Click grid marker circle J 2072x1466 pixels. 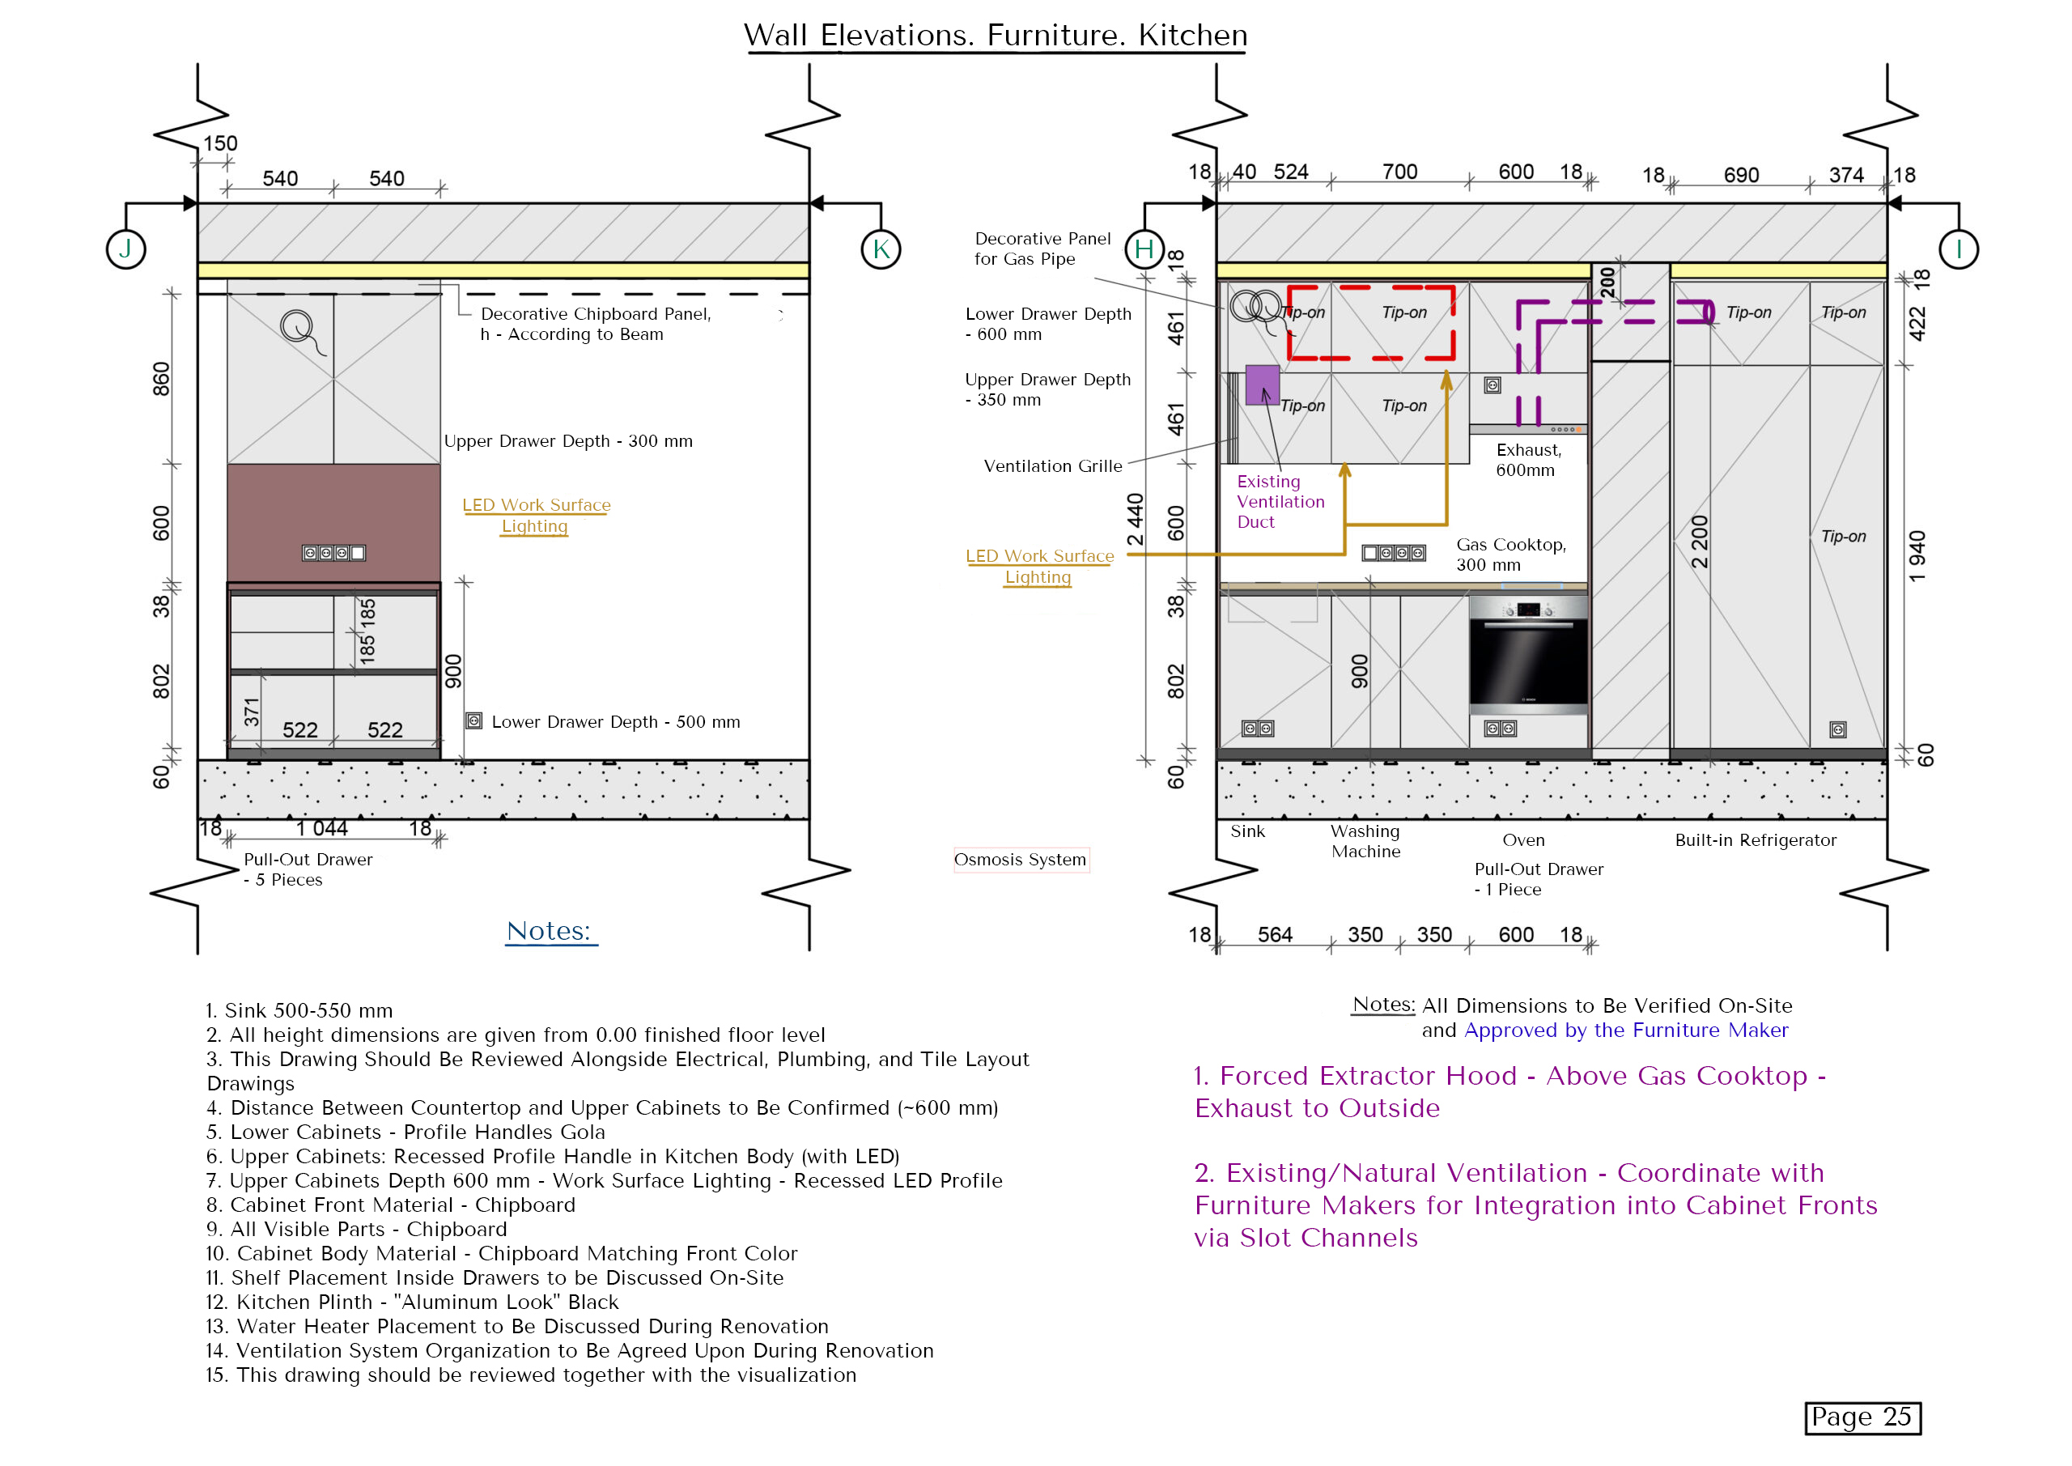point(125,249)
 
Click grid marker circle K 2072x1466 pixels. point(881,249)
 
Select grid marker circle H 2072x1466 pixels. point(1144,249)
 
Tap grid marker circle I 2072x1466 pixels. point(1959,249)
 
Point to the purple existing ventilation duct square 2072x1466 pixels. point(1262,385)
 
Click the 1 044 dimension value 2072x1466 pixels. point(321,828)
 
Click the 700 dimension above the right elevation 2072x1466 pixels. point(1399,172)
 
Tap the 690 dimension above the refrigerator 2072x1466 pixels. point(1741,175)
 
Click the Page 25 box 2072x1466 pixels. point(1862,1417)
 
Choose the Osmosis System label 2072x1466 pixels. point(1020,860)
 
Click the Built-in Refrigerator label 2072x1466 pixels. point(1756,839)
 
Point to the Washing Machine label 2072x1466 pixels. point(1365,840)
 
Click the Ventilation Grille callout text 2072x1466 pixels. point(1052,465)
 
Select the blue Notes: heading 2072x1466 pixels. point(549,931)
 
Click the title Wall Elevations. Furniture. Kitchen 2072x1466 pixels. point(996,35)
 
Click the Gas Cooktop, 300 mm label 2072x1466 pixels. point(1510,555)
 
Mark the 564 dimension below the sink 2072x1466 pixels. point(1274,934)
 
